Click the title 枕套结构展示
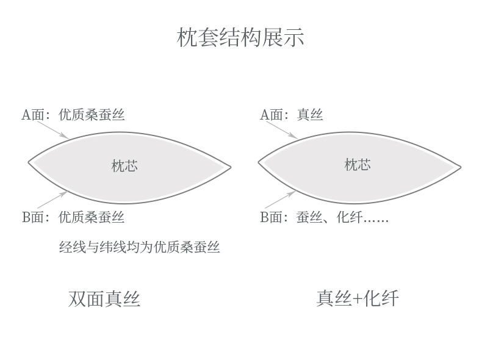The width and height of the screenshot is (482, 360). [240, 38]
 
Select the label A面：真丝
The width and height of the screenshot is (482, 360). [292, 115]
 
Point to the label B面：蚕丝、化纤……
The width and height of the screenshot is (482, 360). [324, 217]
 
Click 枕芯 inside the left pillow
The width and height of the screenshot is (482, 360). [124, 166]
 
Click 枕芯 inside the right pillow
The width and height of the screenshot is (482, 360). [358, 165]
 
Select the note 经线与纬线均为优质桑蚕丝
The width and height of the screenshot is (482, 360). [139, 248]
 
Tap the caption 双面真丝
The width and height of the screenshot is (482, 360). [104, 299]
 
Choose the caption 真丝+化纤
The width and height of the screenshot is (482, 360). [358, 298]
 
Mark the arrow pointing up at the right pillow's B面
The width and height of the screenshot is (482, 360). [281, 200]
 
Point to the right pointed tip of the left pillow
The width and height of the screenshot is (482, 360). [230, 167]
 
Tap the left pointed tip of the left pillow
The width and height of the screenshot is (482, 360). [29, 162]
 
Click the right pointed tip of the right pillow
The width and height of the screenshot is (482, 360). [460, 167]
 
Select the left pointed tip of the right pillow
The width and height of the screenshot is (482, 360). [259, 162]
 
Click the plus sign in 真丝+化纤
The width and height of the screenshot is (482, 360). [358, 299]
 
